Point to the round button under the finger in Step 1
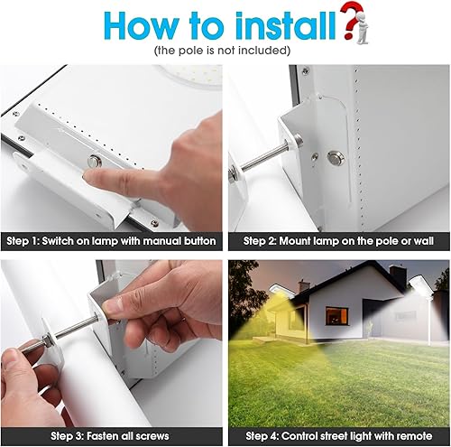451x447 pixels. tap(94, 163)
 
